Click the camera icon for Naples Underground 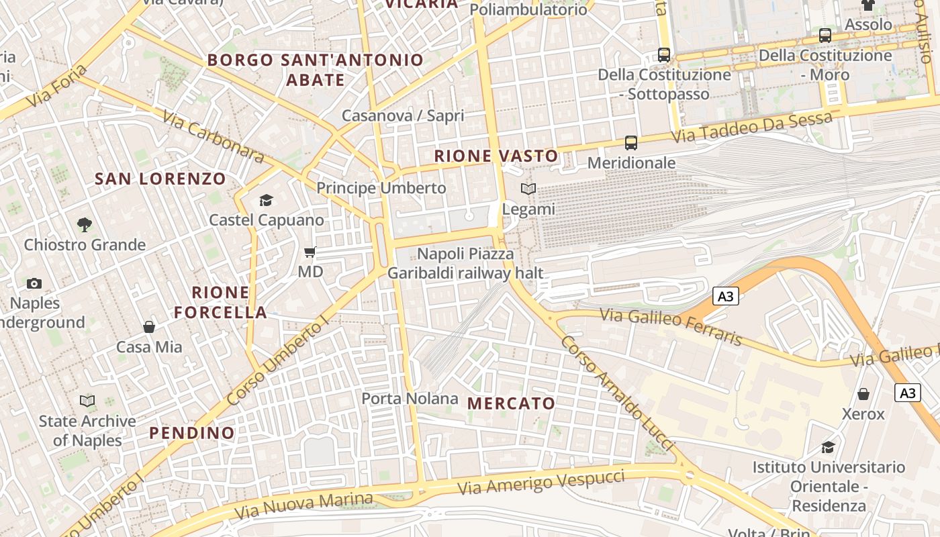tap(34, 284)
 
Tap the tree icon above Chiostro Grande tap(85, 225)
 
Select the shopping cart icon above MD tap(310, 252)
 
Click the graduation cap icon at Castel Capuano tap(267, 200)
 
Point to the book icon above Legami tap(529, 189)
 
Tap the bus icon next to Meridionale tap(631, 142)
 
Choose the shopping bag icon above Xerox tap(863, 394)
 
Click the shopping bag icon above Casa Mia tap(149, 327)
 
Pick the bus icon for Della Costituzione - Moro tap(825, 36)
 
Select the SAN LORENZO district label tap(160, 179)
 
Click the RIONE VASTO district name tap(496, 156)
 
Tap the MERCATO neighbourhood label tap(512, 403)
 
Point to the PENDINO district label tap(192, 433)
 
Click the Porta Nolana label tap(410, 399)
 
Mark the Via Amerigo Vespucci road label tap(541, 483)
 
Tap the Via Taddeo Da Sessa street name tap(753, 127)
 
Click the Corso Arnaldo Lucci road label tap(616, 393)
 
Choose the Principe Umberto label tap(381, 188)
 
